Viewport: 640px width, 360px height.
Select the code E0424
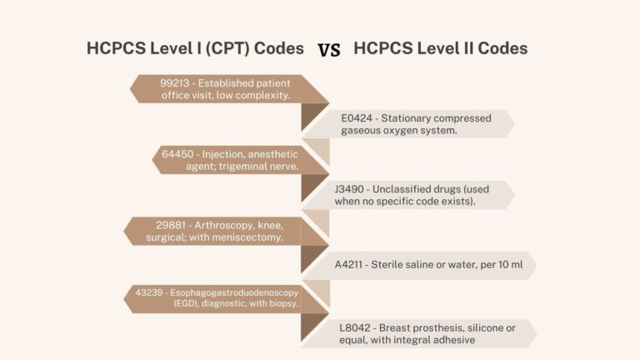[x=356, y=118]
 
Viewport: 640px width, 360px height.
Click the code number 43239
[x=149, y=292]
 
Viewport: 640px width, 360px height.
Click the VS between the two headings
[x=329, y=49]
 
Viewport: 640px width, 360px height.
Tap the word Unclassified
[x=412, y=189]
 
